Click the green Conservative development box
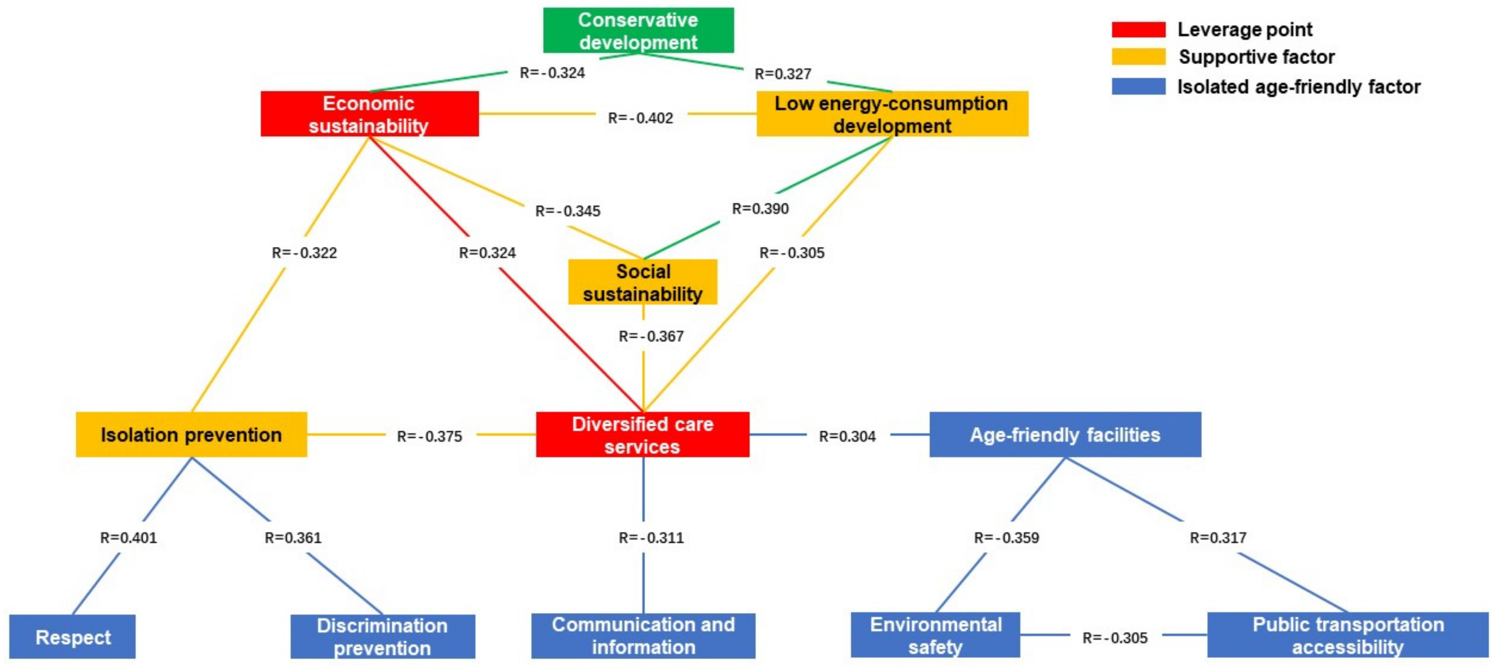638,30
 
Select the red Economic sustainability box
369,114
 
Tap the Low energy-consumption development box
892,114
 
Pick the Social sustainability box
643,282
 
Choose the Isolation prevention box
191,434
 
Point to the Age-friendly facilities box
1065,434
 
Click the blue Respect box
72,637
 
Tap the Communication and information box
643,635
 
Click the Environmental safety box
935,635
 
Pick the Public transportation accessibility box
1347,635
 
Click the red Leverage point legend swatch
1138,30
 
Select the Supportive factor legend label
1256,57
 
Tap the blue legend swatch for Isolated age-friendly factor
1138,86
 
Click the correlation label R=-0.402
640,118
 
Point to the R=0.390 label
760,209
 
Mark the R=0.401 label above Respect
129,537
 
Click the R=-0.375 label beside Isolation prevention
429,436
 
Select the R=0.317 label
1218,537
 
